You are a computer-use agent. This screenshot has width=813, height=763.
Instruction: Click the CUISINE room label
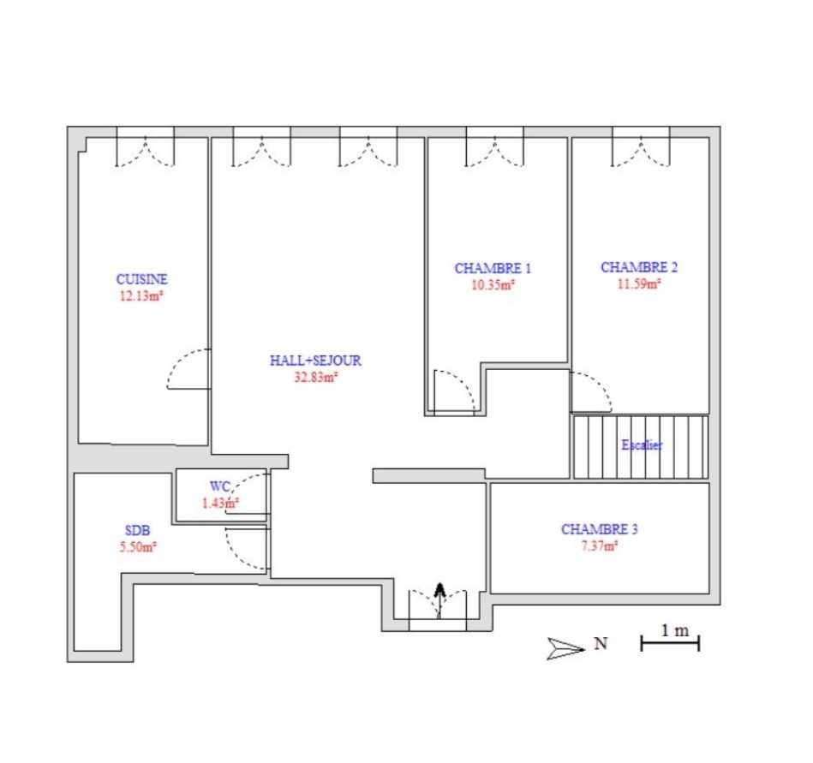[142, 279]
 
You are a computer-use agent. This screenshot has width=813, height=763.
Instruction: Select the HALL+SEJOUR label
[315, 361]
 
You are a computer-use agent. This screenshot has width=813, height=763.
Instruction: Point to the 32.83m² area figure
[316, 377]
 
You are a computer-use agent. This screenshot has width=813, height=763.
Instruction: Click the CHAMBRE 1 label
[493, 268]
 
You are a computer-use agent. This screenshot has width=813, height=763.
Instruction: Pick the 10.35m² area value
[493, 284]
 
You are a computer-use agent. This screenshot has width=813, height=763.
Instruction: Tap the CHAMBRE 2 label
[639, 267]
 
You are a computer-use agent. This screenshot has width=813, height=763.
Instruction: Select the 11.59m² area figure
[639, 283]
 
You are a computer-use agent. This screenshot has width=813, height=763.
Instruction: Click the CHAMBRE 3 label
[600, 529]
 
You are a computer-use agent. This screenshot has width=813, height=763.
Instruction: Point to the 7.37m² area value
[600, 545]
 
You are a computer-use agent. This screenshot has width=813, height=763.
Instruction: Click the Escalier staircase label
[642, 444]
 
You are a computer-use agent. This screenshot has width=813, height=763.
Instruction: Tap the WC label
[220, 486]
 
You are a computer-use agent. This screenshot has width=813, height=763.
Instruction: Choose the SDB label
[137, 530]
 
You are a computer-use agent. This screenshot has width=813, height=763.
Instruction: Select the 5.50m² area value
[138, 547]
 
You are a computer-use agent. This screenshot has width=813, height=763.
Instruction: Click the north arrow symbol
[565, 648]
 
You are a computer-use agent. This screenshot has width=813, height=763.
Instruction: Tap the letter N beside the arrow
[601, 643]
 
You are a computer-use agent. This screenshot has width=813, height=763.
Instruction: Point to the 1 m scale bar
[670, 643]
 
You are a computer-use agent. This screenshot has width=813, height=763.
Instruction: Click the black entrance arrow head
[440, 588]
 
